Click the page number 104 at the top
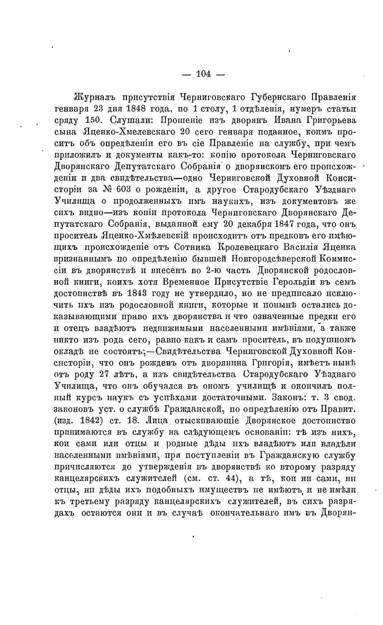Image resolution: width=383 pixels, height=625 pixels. coord(203,74)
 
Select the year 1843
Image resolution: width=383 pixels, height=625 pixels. coord(138,293)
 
